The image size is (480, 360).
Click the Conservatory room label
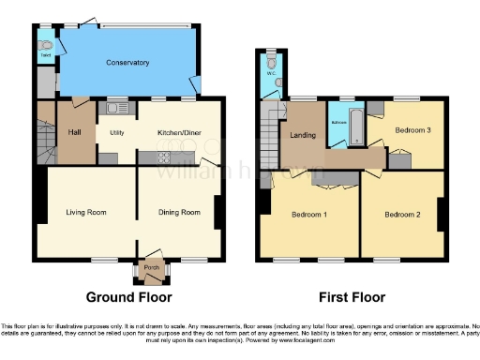click(x=127, y=63)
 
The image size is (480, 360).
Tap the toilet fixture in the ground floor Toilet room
click(x=43, y=44)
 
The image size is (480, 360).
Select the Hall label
click(x=75, y=132)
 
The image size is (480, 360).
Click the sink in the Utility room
click(x=117, y=105)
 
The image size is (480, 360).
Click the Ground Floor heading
click(x=129, y=298)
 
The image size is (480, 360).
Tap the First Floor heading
click(x=352, y=298)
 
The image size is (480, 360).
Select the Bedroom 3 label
click(x=412, y=129)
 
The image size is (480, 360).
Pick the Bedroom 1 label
click(x=308, y=215)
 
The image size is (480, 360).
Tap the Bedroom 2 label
click(x=402, y=215)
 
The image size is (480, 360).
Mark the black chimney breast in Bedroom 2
click(x=440, y=213)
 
